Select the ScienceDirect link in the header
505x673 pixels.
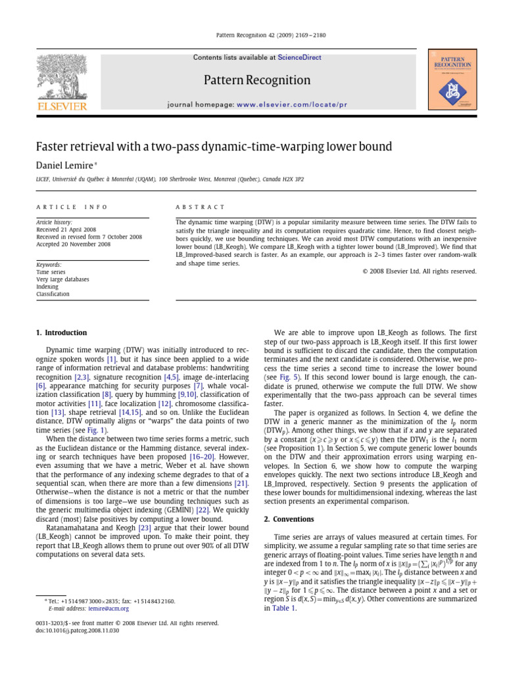coord(299,58)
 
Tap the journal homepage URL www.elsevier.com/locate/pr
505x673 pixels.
coord(291,104)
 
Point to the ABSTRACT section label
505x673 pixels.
coord(197,206)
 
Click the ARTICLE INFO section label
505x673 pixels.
coord(72,206)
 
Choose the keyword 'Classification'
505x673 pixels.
coord(52,294)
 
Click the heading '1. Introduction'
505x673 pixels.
coord(60,333)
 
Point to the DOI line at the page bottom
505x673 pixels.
coord(78,630)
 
